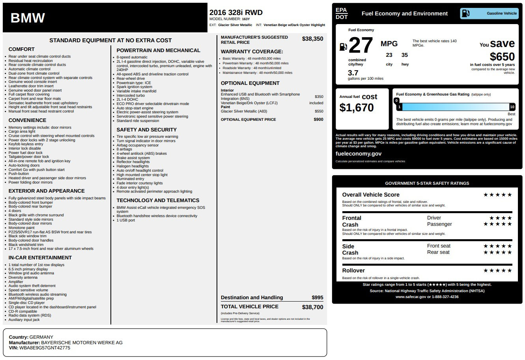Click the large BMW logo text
click(x=28, y=18)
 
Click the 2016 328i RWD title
click(x=236, y=13)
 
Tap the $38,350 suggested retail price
click(x=312, y=39)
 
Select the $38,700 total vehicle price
click(x=312, y=307)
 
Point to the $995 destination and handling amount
click(x=317, y=298)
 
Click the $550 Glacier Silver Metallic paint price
click(x=319, y=111)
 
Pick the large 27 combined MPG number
click(x=361, y=45)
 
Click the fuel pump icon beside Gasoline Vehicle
click(x=465, y=13)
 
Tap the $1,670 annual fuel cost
click(x=357, y=107)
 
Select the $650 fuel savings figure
click(x=502, y=57)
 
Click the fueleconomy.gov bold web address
click(x=359, y=154)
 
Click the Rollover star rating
click(x=497, y=270)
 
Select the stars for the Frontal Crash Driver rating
click(x=500, y=218)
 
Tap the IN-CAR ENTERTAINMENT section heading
click(x=40, y=257)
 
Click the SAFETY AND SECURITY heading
click(x=146, y=129)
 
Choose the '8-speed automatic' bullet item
click(x=132, y=57)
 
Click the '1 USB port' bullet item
click(x=125, y=220)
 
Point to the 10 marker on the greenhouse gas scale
click(x=512, y=107)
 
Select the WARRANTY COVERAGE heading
click(x=252, y=52)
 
